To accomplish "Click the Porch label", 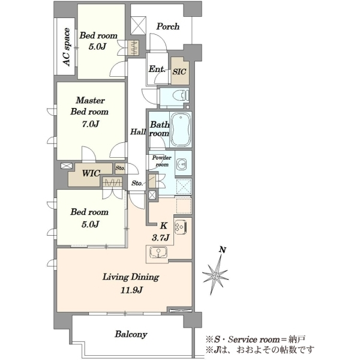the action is (168, 26).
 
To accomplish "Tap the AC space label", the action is (66, 47).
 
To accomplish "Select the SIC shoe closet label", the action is (179, 71).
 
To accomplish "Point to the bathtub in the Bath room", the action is (181, 130).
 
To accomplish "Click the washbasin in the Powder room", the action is (182, 164).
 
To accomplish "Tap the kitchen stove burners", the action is (181, 227).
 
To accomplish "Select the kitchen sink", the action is (159, 253).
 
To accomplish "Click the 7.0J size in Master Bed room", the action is (91, 124).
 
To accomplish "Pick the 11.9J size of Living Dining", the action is (131, 290).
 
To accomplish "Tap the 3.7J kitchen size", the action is (160, 238).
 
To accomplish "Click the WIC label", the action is (91, 173).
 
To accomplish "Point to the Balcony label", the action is (131, 334).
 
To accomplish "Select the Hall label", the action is (138, 132).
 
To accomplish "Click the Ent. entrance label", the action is (157, 69).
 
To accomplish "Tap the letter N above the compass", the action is (222, 250).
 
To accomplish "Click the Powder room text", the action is (162, 161).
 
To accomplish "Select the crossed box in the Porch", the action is (138, 25).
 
